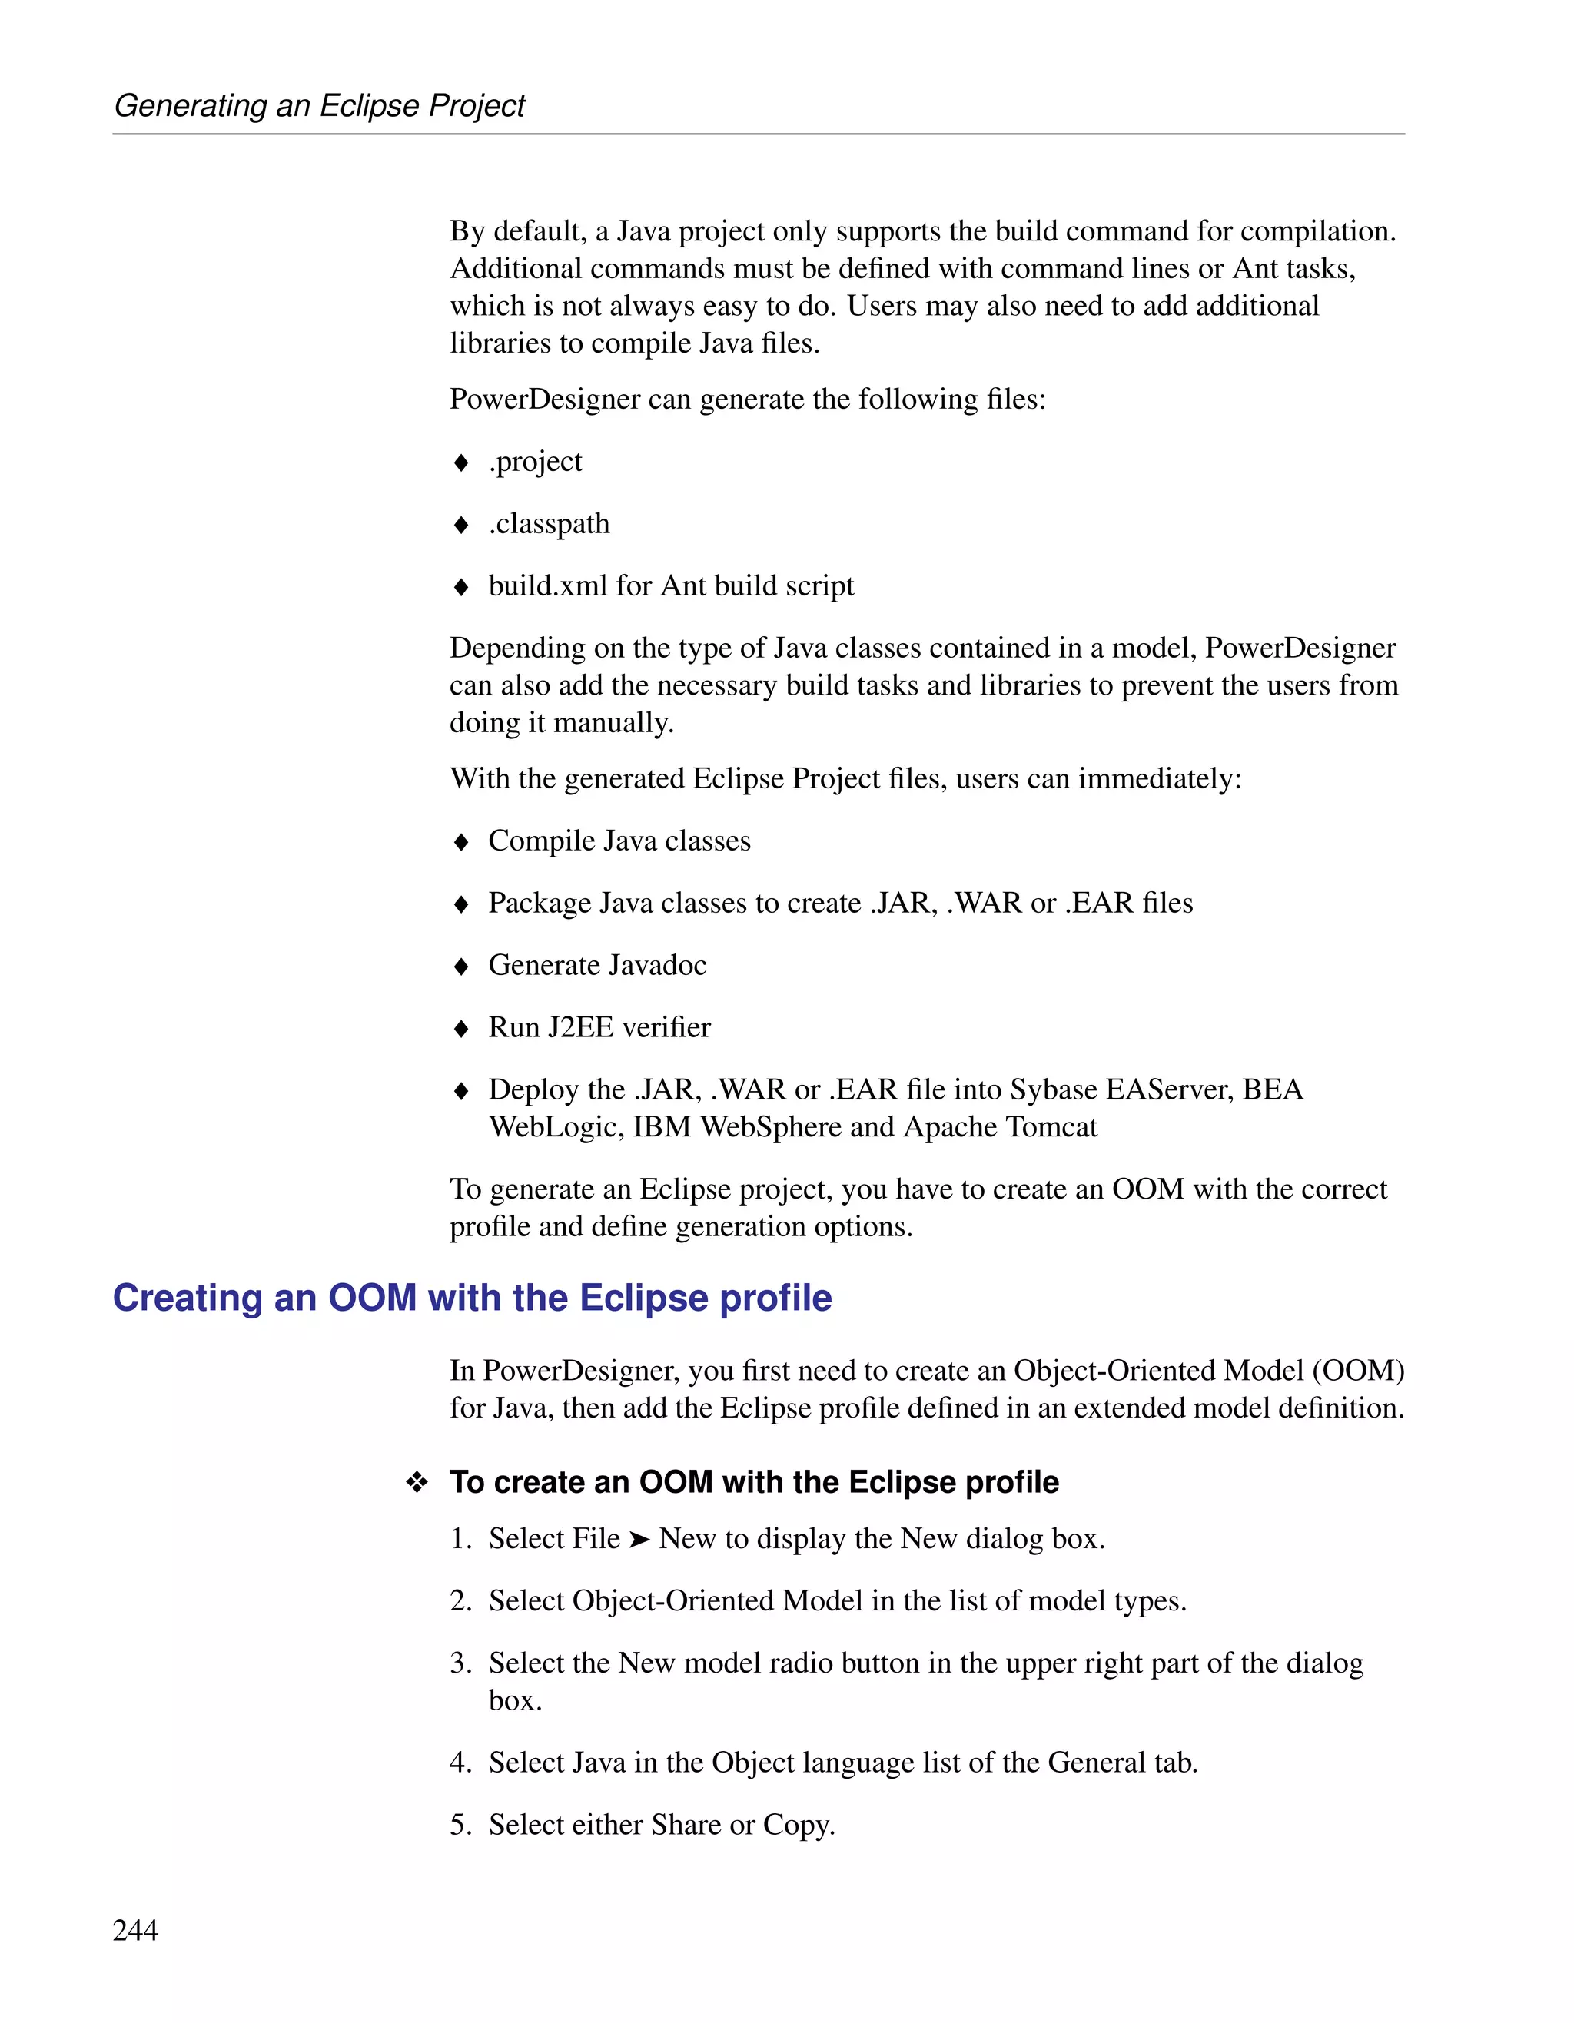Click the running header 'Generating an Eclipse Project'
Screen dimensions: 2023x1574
[319, 105]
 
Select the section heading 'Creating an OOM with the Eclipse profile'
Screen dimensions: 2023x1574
[472, 1298]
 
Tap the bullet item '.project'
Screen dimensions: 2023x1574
[536, 461]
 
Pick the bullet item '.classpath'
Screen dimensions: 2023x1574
[550, 523]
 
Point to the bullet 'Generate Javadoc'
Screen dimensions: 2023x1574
[597, 965]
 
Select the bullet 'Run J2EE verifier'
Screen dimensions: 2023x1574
[599, 1027]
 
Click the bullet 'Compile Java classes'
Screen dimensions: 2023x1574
[619, 841]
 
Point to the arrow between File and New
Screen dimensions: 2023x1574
[639, 1540]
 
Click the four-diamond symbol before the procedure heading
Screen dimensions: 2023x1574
[417, 1483]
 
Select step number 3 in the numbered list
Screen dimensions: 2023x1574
[460, 1663]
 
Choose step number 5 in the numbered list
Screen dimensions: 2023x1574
[460, 1825]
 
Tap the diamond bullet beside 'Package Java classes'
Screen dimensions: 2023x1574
[461, 904]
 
